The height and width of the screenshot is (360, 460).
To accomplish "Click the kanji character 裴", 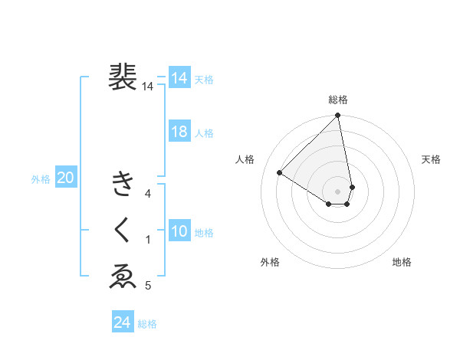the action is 123,77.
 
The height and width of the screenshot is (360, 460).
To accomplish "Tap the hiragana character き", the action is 123,185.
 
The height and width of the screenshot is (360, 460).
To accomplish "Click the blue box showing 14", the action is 179,78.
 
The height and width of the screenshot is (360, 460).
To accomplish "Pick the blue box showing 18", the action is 179,132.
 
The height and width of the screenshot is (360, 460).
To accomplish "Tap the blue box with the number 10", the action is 179,231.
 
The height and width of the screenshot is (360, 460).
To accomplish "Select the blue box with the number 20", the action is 65,178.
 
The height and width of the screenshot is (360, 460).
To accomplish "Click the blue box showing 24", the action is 123,322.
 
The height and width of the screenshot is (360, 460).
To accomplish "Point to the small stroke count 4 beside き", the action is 148,194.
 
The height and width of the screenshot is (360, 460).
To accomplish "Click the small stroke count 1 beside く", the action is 148,240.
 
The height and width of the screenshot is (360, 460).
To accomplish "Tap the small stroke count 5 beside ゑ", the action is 148,286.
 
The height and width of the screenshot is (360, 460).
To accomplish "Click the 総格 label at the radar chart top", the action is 338,100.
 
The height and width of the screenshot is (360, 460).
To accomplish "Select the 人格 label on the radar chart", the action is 245,159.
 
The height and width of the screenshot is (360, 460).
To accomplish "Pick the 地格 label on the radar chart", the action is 402,262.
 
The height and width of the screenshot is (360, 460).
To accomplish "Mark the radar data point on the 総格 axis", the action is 338,116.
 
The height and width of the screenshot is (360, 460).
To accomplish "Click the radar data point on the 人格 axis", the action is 280,172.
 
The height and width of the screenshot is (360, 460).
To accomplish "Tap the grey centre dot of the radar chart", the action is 338,191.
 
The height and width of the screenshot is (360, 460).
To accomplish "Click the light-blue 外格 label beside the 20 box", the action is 41,179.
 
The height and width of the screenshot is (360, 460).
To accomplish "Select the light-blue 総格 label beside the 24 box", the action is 147,324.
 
